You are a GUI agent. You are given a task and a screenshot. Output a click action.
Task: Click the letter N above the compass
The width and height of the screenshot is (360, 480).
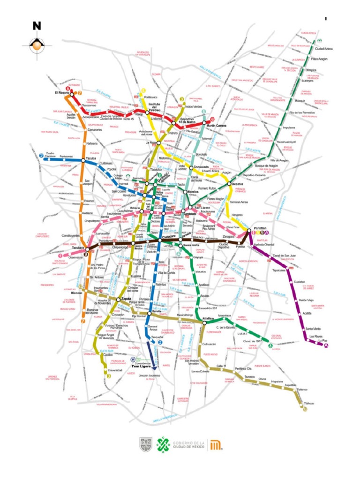37,26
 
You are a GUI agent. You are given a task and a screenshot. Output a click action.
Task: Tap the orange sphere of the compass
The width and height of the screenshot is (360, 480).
37,45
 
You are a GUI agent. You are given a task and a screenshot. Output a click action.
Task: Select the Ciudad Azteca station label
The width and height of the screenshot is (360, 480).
323,48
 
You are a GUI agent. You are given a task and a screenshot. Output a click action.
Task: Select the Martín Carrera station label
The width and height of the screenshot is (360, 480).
217,126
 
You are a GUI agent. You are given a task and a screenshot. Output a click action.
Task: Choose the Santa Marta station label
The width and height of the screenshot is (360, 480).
313,328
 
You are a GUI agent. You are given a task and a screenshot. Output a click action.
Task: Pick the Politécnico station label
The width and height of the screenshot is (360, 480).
151,97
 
